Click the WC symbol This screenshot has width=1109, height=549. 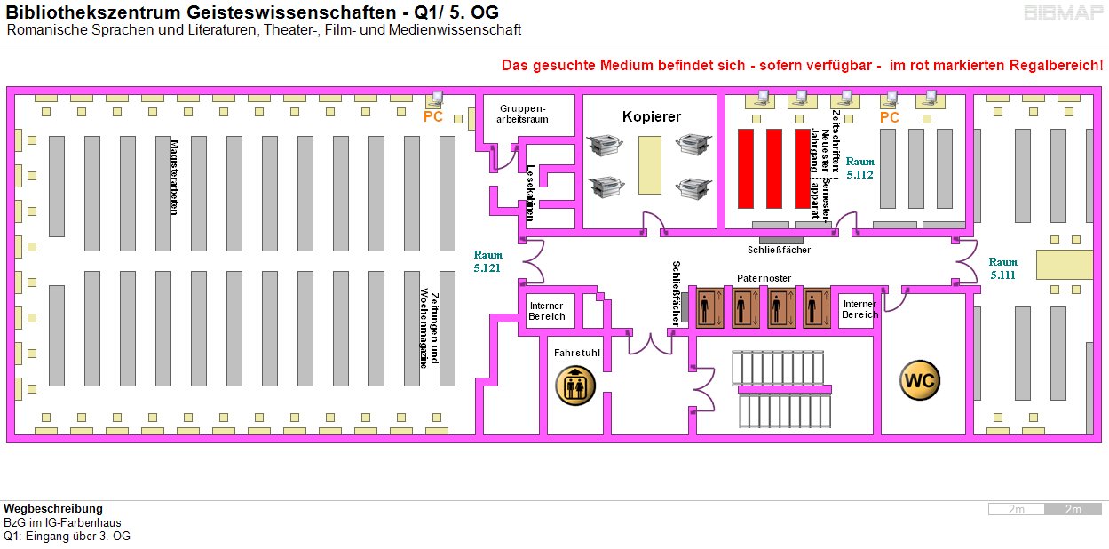pos(920,381)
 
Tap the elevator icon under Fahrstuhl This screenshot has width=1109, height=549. pos(575,385)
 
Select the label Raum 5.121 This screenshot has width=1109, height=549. pos(488,261)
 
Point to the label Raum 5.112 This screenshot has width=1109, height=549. pos(859,169)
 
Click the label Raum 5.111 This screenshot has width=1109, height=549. pos(1003,268)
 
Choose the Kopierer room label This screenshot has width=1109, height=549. pos(651,116)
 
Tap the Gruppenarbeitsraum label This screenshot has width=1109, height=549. pos(522,113)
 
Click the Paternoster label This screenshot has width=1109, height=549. pos(764,278)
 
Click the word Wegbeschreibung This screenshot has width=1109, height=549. pos(52,508)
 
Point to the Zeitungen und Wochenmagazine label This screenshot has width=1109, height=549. pos(430,326)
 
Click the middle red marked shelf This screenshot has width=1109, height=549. pos(774,168)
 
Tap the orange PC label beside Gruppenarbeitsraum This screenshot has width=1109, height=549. pos(432,116)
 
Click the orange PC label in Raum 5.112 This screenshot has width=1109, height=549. pos(889,117)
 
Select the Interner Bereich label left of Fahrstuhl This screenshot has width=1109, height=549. pos(546,311)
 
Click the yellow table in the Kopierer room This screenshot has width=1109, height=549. pos(650,165)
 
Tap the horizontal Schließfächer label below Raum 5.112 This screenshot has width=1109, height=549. pos(779,250)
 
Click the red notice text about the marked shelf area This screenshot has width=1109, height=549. pos(802,66)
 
